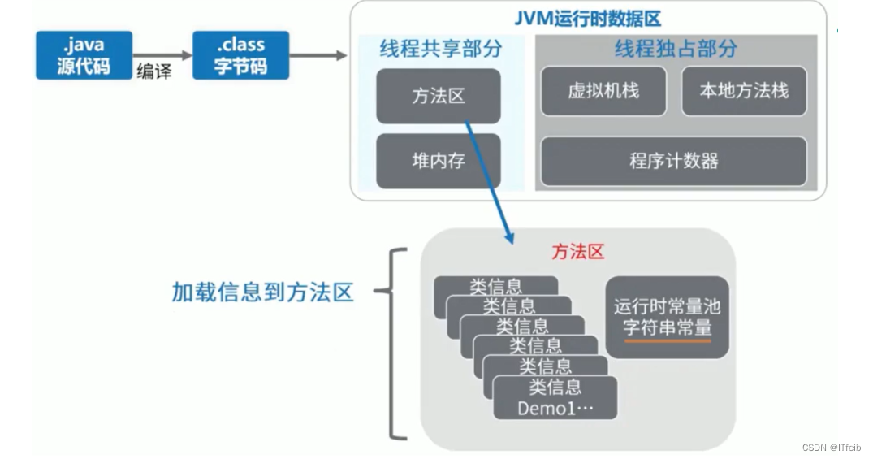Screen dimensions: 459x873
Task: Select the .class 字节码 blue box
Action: click(x=240, y=55)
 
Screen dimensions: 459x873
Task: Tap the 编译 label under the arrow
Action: click(x=154, y=71)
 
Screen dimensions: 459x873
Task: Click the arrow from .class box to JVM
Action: click(x=318, y=55)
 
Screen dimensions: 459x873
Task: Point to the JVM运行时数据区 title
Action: click(x=588, y=18)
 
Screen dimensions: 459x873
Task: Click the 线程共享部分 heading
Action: click(x=440, y=49)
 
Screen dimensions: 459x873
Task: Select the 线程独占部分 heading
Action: click(x=676, y=49)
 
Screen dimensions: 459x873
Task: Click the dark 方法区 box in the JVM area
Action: click(x=438, y=96)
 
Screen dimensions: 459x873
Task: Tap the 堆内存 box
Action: click(x=438, y=161)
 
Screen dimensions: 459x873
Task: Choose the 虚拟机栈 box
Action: click(x=603, y=90)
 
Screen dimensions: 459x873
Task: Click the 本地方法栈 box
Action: click(x=744, y=90)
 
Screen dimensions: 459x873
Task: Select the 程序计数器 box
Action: click(x=673, y=161)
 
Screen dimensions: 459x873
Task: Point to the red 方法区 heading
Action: click(x=578, y=252)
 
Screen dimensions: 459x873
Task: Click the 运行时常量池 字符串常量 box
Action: click(x=667, y=317)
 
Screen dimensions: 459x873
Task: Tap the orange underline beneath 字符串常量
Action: click(x=667, y=340)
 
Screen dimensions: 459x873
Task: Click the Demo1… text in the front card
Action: click(x=555, y=409)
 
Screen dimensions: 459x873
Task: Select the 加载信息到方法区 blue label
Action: click(x=262, y=292)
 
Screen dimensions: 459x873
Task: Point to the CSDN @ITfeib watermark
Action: click(x=831, y=448)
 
